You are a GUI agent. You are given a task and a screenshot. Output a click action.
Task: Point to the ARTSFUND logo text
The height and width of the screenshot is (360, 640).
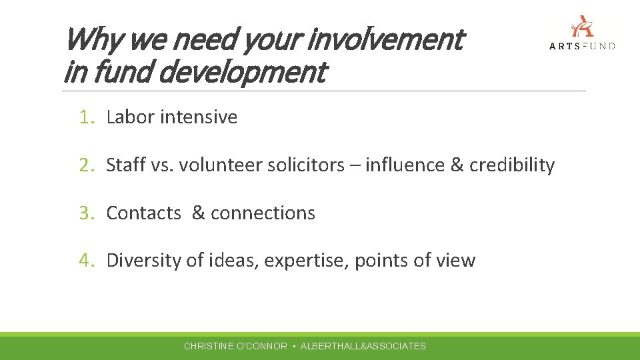click(582, 45)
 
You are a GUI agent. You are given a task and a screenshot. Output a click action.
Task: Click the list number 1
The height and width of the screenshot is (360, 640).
click(86, 117)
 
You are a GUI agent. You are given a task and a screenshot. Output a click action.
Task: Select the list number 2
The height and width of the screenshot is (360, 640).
click(86, 165)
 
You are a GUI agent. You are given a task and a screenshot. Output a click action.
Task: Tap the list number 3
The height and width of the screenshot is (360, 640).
click(86, 213)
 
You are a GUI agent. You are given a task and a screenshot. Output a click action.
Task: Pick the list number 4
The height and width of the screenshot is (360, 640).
click(86, 261)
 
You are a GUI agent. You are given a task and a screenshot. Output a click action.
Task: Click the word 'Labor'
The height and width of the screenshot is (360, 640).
click(129, 117)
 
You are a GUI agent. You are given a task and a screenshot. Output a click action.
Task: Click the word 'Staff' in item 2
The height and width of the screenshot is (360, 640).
click(125, 165)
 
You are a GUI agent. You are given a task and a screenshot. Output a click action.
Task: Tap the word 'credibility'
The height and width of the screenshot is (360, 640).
click(511, 165)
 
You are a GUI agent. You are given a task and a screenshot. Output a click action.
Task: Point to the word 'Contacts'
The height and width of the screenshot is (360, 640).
click(143, 213)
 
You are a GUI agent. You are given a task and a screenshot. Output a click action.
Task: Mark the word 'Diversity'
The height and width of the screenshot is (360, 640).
click(143, 261)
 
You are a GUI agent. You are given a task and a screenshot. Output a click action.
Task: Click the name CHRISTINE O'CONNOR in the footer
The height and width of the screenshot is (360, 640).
click(235, 346)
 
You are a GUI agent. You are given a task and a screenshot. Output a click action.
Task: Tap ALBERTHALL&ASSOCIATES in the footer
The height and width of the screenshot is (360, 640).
click(363, 346)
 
